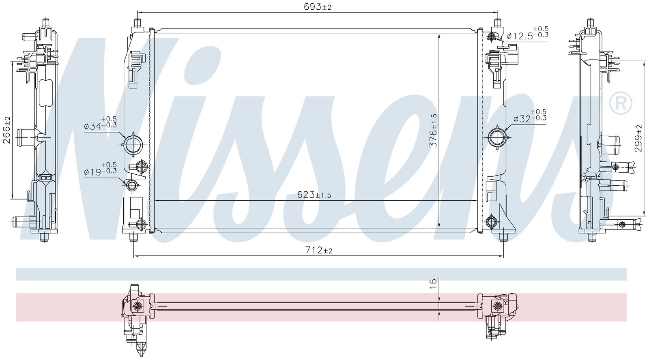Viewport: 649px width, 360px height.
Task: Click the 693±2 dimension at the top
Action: pyautogui.click(x=317, y=6)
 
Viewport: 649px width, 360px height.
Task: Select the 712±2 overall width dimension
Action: pyautogui.click(x=319, y=250)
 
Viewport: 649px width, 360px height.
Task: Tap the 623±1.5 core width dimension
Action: pyautogui.click(x=314, y=195)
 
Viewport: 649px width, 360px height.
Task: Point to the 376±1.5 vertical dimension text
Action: pyautogui.click(x=433, y=130)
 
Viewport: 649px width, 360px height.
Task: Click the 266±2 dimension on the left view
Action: pyautogui.click(x=6, y=130)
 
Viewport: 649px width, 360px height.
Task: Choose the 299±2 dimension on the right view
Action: pyautogui.click(x=638, y=138)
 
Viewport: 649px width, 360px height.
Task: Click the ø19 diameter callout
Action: pyautogui.click(x=100, y=169)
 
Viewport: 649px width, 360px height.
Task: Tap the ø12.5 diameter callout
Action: pyautogui.click(x=527, y=33)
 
